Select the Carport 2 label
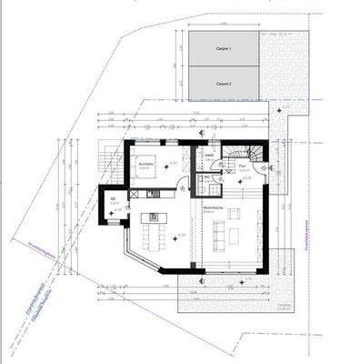pyautogui.click(x=224, y=82)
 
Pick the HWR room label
pyautogui.click(x=208, y=157)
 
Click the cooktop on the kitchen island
pyautogui.click(x=153, y=217)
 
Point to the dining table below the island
pyautogui.click(x=153, y=238)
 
